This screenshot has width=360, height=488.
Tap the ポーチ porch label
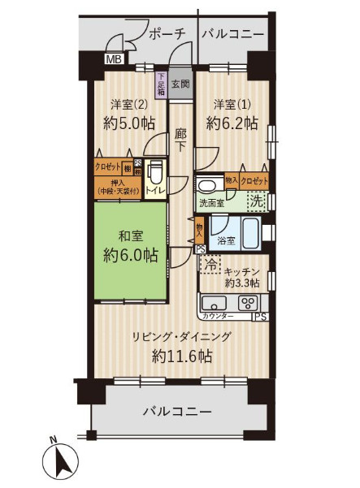(x=168, y=33)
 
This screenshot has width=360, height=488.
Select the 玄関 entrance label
(x=180, y=83)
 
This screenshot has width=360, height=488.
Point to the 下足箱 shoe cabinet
(x=162, y=84)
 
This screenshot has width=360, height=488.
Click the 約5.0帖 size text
(x=128, y=123)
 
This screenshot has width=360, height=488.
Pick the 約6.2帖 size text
(x=232, y=123)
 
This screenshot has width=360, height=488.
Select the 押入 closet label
(x=116, y=183)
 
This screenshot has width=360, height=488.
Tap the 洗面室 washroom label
(x=210, y=204)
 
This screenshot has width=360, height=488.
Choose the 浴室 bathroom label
(x=227, y=240)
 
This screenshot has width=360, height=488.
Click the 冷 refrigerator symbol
(x=210, y=263)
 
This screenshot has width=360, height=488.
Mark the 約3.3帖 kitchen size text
(x=243, y=283)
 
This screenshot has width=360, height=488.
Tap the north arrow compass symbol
(x=59, y=461)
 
